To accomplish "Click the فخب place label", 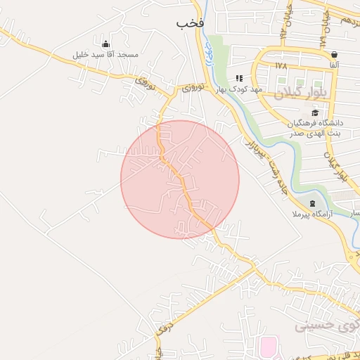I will pyautogui.click(x=190, y=22).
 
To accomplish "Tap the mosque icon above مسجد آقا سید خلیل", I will pyautogui.click(x=105, y=44).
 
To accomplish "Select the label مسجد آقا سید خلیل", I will pyautogui.click(x=106, y=54).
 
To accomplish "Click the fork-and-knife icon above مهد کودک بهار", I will pyautogui.click(x=239, y=78).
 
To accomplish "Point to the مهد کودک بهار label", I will pyautogui.click(x=239, y=90).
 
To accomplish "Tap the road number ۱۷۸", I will pyautogui.click(x=281, y=65).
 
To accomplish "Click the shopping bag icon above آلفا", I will pyautogui.click(x=333, y=54).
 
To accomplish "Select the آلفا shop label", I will pyautogui.click(x=333, y=65).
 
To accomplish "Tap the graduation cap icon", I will pyautogui.click(x=315, y=112).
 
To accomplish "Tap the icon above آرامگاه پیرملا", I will pyautogui.click(x=312, y=202).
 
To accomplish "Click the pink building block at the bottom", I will pyautogui.click(x=269, y=347).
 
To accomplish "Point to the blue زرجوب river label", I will pyautogui.click(x=208, y=51).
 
